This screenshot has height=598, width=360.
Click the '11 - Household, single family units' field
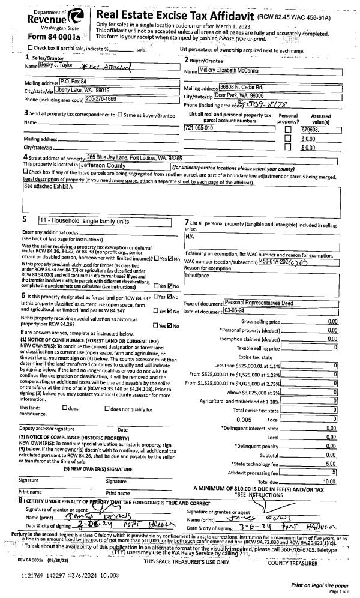96,221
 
